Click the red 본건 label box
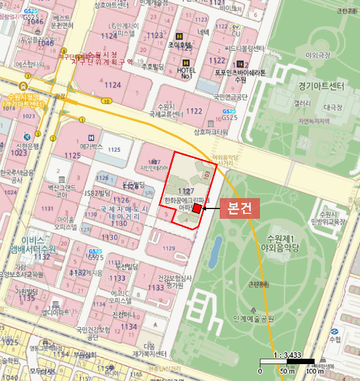point(239,209)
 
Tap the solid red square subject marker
point(197,211)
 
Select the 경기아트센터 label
point(321,86)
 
